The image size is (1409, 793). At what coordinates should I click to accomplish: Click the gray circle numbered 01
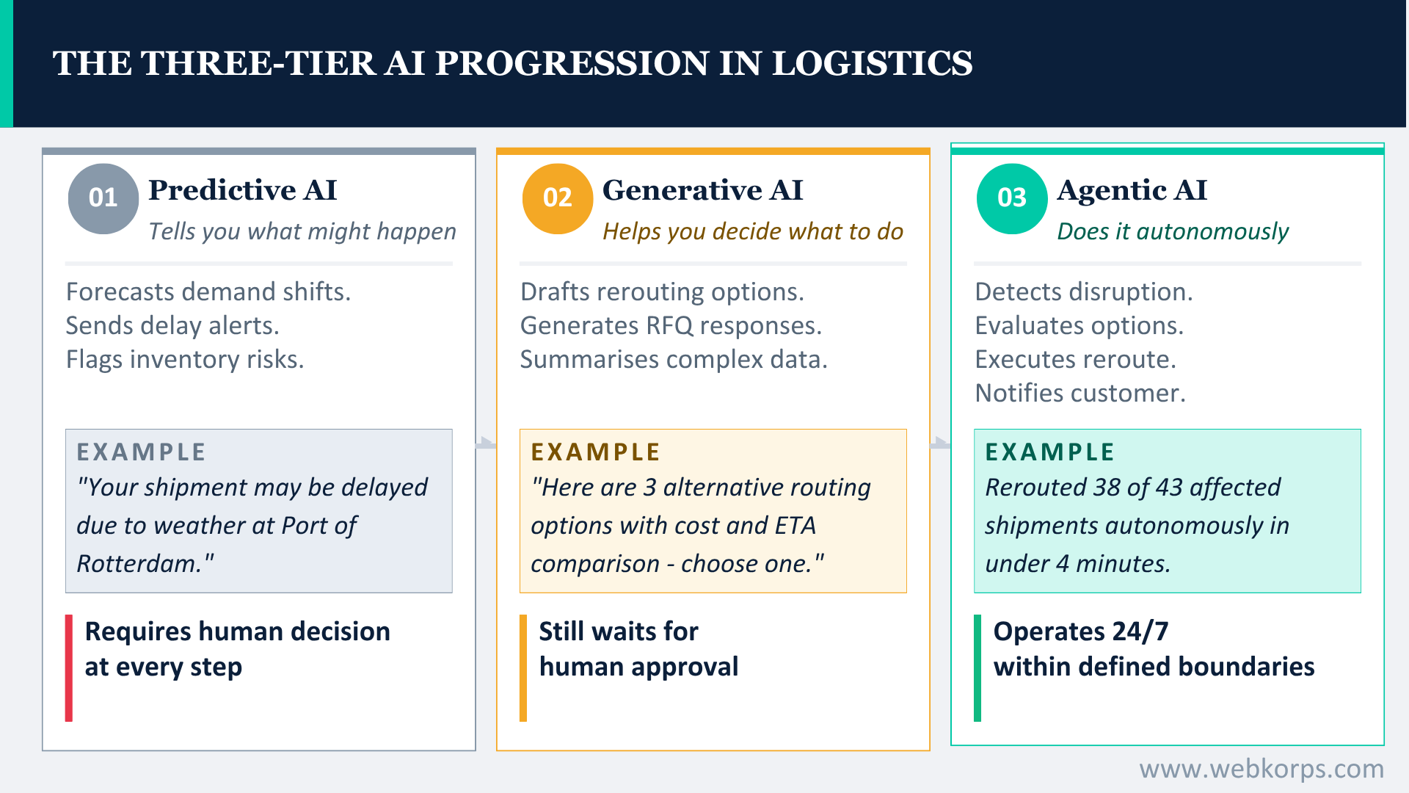[x=103, y=198]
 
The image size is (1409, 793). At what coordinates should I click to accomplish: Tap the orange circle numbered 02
[x=558, y=198]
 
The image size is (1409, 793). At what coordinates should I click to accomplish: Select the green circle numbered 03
[x=1012, y=198]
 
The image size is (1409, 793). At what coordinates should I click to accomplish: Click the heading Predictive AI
[x=242, y=190]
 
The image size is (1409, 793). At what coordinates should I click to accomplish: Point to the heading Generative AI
[x=702, y=190]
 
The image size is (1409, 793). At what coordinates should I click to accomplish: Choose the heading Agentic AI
[x=1132, y=190]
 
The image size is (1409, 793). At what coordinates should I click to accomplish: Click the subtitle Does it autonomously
[x=1172, y=231]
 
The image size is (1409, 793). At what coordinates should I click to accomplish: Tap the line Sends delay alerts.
[x=172, y=325]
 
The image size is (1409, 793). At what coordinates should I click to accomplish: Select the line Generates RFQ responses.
[x=671, y=325]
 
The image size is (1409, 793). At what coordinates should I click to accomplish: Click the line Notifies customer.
[x=1079, y=393]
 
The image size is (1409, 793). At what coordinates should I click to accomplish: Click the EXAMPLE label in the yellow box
[x=595, y=452]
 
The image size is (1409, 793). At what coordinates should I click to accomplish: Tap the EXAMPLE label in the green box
[x=1049, y=452]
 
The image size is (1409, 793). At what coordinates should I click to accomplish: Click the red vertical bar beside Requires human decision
[x=69, y=667]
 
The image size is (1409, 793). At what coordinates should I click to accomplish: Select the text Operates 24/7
[x=1080, y=631]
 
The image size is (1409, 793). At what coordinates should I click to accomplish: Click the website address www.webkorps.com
[x=1261, y=769]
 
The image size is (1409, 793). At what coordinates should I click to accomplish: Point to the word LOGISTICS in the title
[x=872, y=63]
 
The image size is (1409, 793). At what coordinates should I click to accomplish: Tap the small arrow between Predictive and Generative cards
[x=486, y=443]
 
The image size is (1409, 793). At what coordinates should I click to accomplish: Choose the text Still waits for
[x=618, y=631]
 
